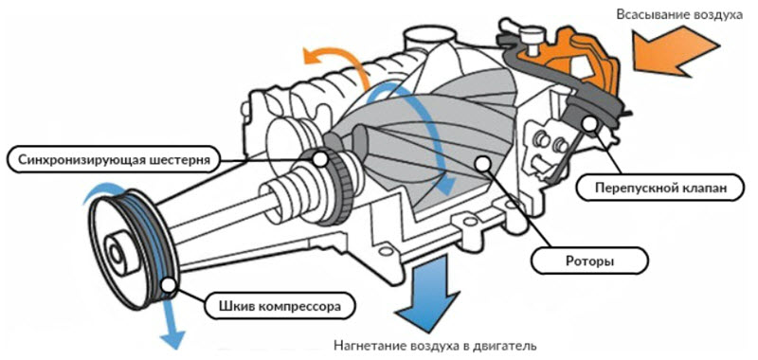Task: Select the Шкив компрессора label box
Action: pos(276,306)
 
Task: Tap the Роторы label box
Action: pos(589,261)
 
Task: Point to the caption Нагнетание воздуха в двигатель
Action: pos(435,347)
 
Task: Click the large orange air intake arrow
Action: pos(676,52)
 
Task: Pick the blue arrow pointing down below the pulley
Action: pos(171,319)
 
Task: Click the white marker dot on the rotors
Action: pos(482,163)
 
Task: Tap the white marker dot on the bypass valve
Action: pos(590,123)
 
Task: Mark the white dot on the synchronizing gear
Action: pos(320,158)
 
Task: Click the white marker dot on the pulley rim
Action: pos(169,285)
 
